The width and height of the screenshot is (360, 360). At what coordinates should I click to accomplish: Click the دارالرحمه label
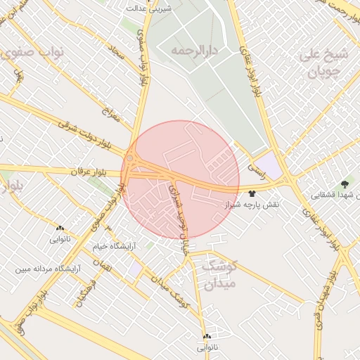(x=195, y=51)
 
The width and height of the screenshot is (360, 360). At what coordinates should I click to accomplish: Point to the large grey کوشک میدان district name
(x=219, y=276)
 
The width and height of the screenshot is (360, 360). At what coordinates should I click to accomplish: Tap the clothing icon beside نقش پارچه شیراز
(x=252, y=191)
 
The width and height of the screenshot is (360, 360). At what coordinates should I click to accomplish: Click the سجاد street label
(x=117, y=51)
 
